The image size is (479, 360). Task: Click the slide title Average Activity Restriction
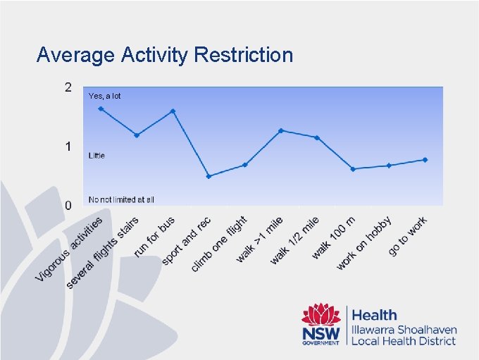pyautogui.click(x=164, y=54)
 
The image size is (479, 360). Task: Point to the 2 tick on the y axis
pyautogui.click(x=68, y=87)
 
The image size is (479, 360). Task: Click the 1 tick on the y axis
pyautogui.click(x=68, y=147)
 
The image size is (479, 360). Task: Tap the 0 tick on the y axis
pyautogui.click(x=68, y=206)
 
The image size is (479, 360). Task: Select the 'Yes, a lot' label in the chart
pyautogui.click(x=104, y=96)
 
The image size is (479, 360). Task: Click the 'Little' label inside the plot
pyautogui.click(x=97, y=155)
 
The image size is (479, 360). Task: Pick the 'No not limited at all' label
pyautogui.click(x=121, y=199)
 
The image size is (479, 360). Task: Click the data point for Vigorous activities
pyautogui.click(x=101, y=108)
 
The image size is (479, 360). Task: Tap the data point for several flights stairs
pyautogui.click(x=137, y=135)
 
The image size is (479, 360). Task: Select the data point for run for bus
pyautogui.click(x=173, y=111)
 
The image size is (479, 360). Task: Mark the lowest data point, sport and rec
pyautogui.click(x=209, y=176)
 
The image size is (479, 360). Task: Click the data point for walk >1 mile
pyautogui.click(x=280, y=130)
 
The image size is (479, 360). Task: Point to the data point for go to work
pyautogui.click(x=425, y=159)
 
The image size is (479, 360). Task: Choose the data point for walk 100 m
pyautogui.click(x=353, y=169)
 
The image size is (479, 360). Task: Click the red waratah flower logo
pyautogui.click(x=321, y=315)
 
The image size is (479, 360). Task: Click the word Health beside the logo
pyautogui.click(x=374, y=315)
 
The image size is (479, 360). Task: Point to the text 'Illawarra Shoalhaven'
pyautogui.click(x=404, y=330)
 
